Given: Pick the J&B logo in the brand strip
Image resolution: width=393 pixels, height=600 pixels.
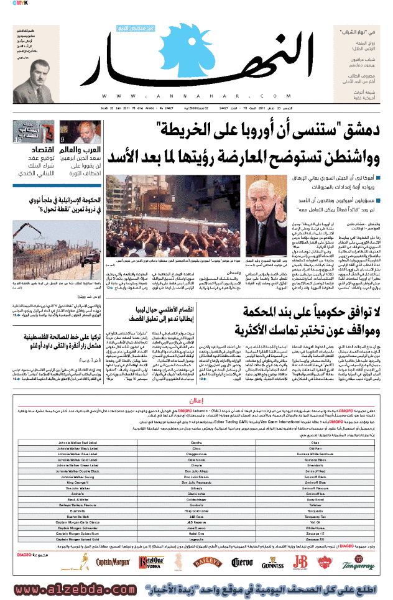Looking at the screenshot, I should (x=300, y=562).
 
